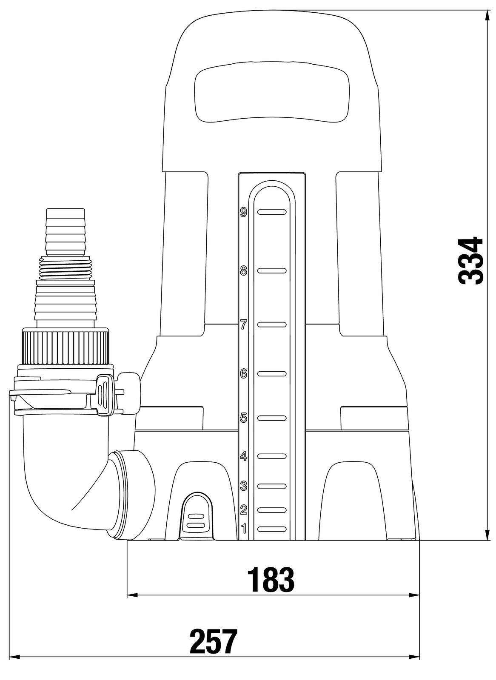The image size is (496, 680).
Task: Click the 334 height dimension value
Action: point(470,260)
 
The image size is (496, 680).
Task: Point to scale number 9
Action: point(243,212)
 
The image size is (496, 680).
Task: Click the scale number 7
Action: point(243,325)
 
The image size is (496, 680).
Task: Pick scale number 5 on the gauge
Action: point(243,418)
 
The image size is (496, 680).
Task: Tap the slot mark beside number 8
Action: point(272,270)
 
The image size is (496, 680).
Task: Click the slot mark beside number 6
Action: point(272,374)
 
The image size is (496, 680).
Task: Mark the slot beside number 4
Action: point(272,456)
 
